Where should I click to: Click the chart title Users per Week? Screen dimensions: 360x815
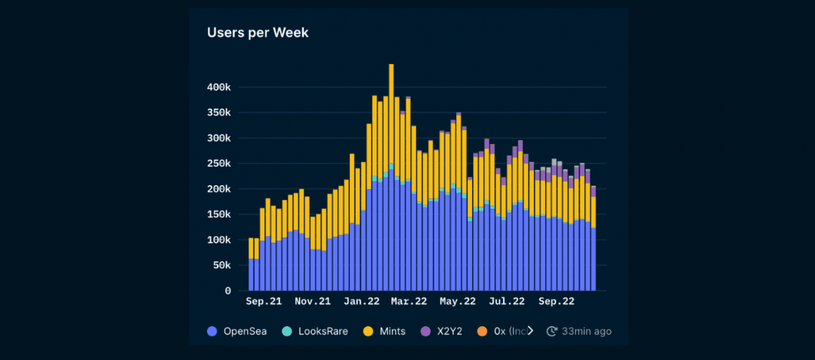[258, 33]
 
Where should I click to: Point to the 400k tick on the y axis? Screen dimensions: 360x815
[218, 87]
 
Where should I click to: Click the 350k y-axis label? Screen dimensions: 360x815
[218, 113]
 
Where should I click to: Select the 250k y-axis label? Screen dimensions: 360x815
[218, 163]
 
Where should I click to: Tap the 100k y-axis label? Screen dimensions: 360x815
[218, 240]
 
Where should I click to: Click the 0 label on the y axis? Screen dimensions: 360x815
[227, 291]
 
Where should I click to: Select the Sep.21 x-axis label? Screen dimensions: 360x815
[263, 301]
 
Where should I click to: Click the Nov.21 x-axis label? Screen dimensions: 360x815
[312, 301]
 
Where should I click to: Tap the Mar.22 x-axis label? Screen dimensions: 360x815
[409, 301]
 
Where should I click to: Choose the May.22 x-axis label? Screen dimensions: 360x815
[457, 301]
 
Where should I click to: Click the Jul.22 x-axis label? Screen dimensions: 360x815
[507, 301]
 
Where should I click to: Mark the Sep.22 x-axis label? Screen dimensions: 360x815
[556, 301]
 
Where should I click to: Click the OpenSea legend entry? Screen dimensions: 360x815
[237, 331]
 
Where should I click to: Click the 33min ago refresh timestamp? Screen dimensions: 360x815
[579, 331]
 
